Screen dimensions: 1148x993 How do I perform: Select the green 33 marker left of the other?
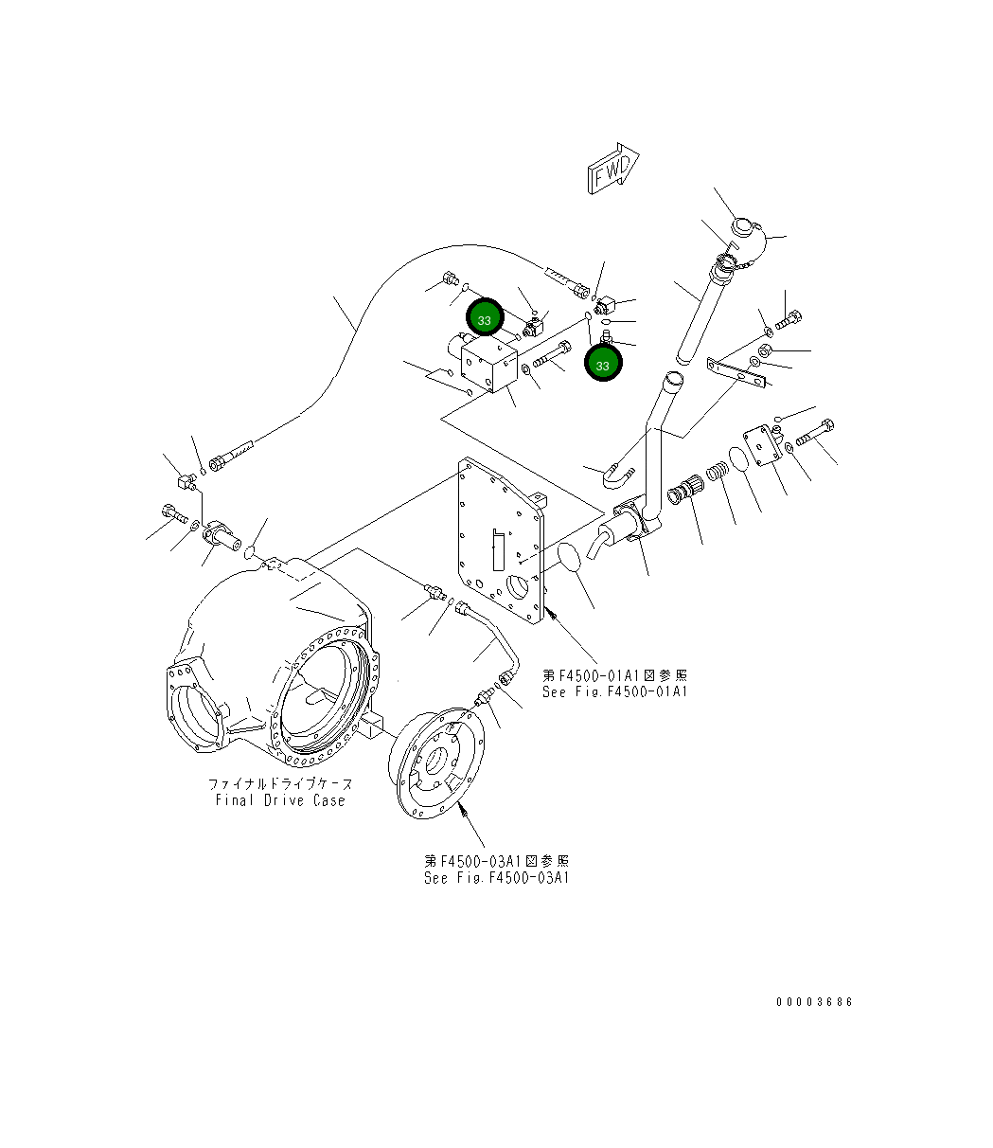pyautogui.click(x=485, y=320)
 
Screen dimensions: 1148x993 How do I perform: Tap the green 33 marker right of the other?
pyautogui.click(x=603, y=364)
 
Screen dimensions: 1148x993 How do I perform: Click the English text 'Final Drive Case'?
pyautogui.click(x=280, y=800)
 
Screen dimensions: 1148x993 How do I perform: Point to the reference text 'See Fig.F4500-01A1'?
pyautogui.click(x=614, y=691)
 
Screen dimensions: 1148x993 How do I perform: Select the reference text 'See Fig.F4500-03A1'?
pyautogui.click(x=496, y=878)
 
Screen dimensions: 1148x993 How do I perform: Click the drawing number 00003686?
pyautogui.click(x=813, y=1002)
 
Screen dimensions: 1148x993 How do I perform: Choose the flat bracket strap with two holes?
pyautogui.click(x=736, y=372)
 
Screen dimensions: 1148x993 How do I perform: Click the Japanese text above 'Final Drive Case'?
pyautogui.click(x=280, y=784)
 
